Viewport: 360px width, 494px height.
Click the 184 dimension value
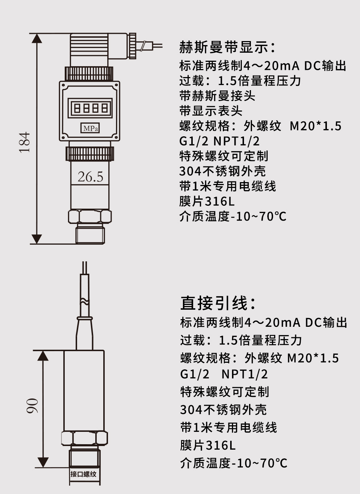pyautogui.click(x=25, y=142)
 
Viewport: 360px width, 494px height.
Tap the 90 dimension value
pyautogui.click(x=32, y=406)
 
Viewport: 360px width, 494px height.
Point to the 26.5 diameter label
pyautogui.click(x=90, y=177)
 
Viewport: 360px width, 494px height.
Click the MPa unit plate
pyautogui.click(x=90, y=128)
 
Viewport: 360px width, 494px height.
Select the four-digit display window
pyautogui.click(x=91, y=108)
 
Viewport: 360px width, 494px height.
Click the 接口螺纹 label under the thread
pyautogui.click(x=84, y=474)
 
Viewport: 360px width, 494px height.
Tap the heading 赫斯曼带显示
pyautogui.click(x=227, y=47)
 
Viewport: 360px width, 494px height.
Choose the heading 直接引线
pyautogui.click(x=218, y=303)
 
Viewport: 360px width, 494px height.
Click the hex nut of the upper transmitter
pyautogui.click(x=90, y=217)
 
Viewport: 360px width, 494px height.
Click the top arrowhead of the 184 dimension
pyautogui.click(x=37, y=38)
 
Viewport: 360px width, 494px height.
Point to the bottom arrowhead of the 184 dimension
pyautogui.click(x=37, y=239)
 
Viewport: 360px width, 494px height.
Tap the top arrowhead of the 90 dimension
pyautogui.click(x=43, y=356)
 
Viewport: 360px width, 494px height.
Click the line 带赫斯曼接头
pyautogui.click(x=217, y=96)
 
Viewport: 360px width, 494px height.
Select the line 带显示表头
pyautogui.click(x=211, y=111)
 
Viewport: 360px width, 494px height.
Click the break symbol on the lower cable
pyautogui.click(x=84, y=301)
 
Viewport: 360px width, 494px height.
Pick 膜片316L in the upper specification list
pyautogui.click(x=207, y=201)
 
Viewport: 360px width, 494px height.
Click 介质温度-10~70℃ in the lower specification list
pyautogui.click(x=233, y=463)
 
